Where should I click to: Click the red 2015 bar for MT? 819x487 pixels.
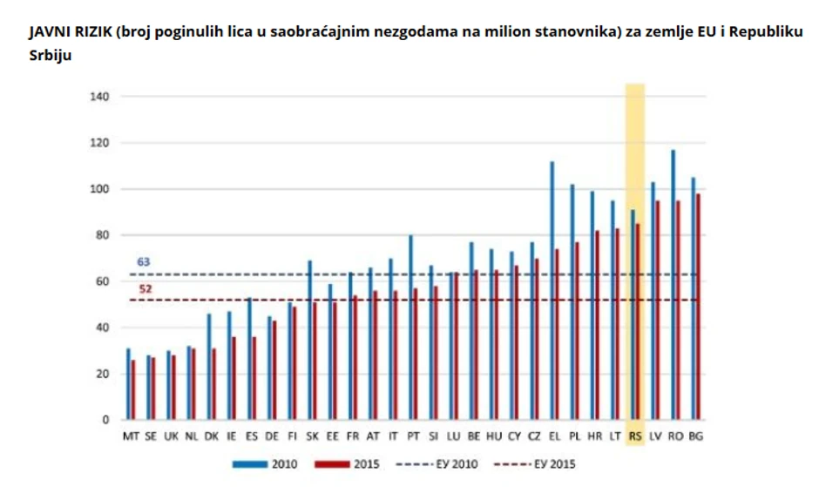pyautogui.click(x=132, y=390)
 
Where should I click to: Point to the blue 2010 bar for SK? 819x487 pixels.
pyautogui.click(x=309, y=341)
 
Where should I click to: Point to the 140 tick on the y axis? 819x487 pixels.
pyautogui.click(x=98, y=96)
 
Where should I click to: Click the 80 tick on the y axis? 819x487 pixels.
pyautogui.click(x=102, y=235)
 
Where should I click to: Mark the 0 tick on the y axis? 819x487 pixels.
pyautogui.click(x=105, y=420)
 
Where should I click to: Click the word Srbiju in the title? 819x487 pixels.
pyautogui.click(x=50, y=54)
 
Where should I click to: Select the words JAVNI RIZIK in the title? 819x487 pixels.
pyautogui.click(x=64, y=31)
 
